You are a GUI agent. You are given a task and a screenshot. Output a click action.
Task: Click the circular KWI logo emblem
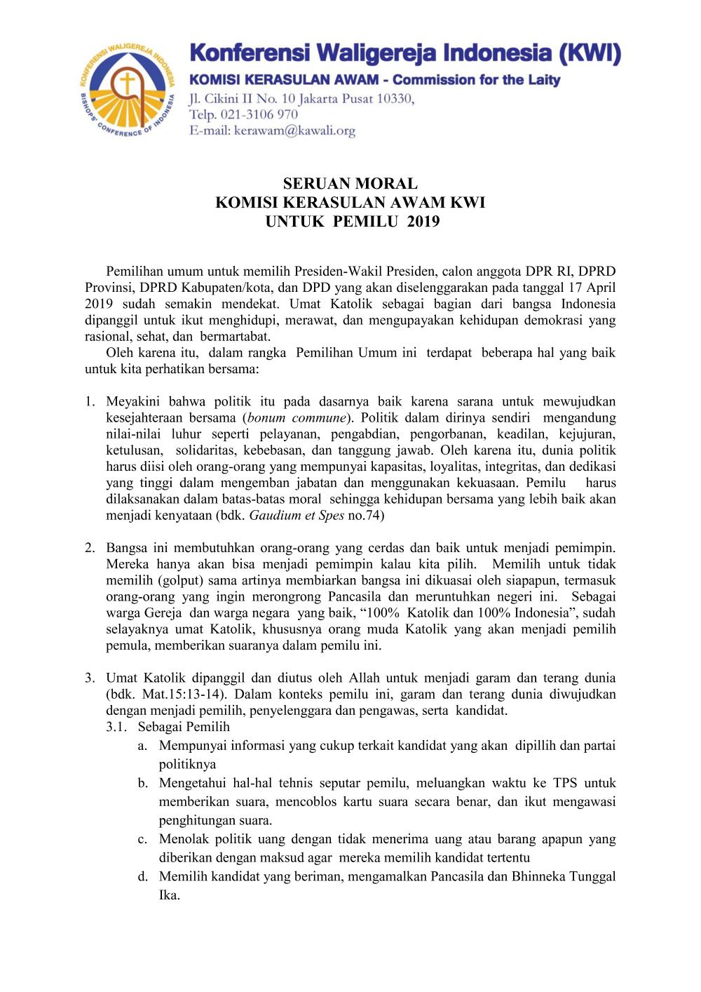point(126,90)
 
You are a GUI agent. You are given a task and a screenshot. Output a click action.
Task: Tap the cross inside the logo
point(127,84)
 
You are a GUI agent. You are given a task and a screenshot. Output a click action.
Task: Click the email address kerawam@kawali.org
point(294,130)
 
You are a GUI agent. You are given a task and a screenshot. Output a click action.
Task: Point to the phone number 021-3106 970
point(259,114)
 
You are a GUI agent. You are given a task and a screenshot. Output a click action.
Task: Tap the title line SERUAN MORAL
point(350,184)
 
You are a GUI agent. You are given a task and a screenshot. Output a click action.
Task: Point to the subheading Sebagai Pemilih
point(184,727)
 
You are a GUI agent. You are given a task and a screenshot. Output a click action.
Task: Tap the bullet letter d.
point(143,877)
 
